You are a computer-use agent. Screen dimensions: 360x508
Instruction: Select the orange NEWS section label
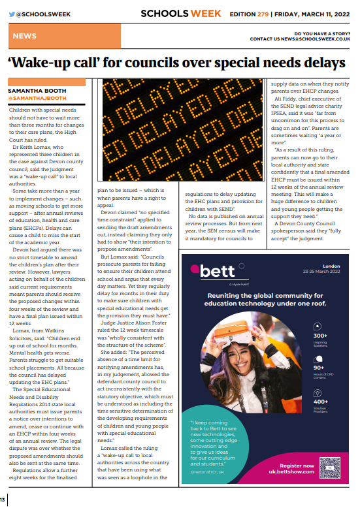[25, 36]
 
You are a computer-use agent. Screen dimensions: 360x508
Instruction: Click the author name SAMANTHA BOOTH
[32, 90]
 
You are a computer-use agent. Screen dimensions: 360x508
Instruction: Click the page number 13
[3, 499]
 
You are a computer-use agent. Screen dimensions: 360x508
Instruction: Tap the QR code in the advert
[331, 468]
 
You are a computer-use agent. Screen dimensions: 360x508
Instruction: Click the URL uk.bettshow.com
[292, 472]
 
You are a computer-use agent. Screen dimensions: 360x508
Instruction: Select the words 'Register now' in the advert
[297, 465]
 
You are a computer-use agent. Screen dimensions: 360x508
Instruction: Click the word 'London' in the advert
[331, 266]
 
